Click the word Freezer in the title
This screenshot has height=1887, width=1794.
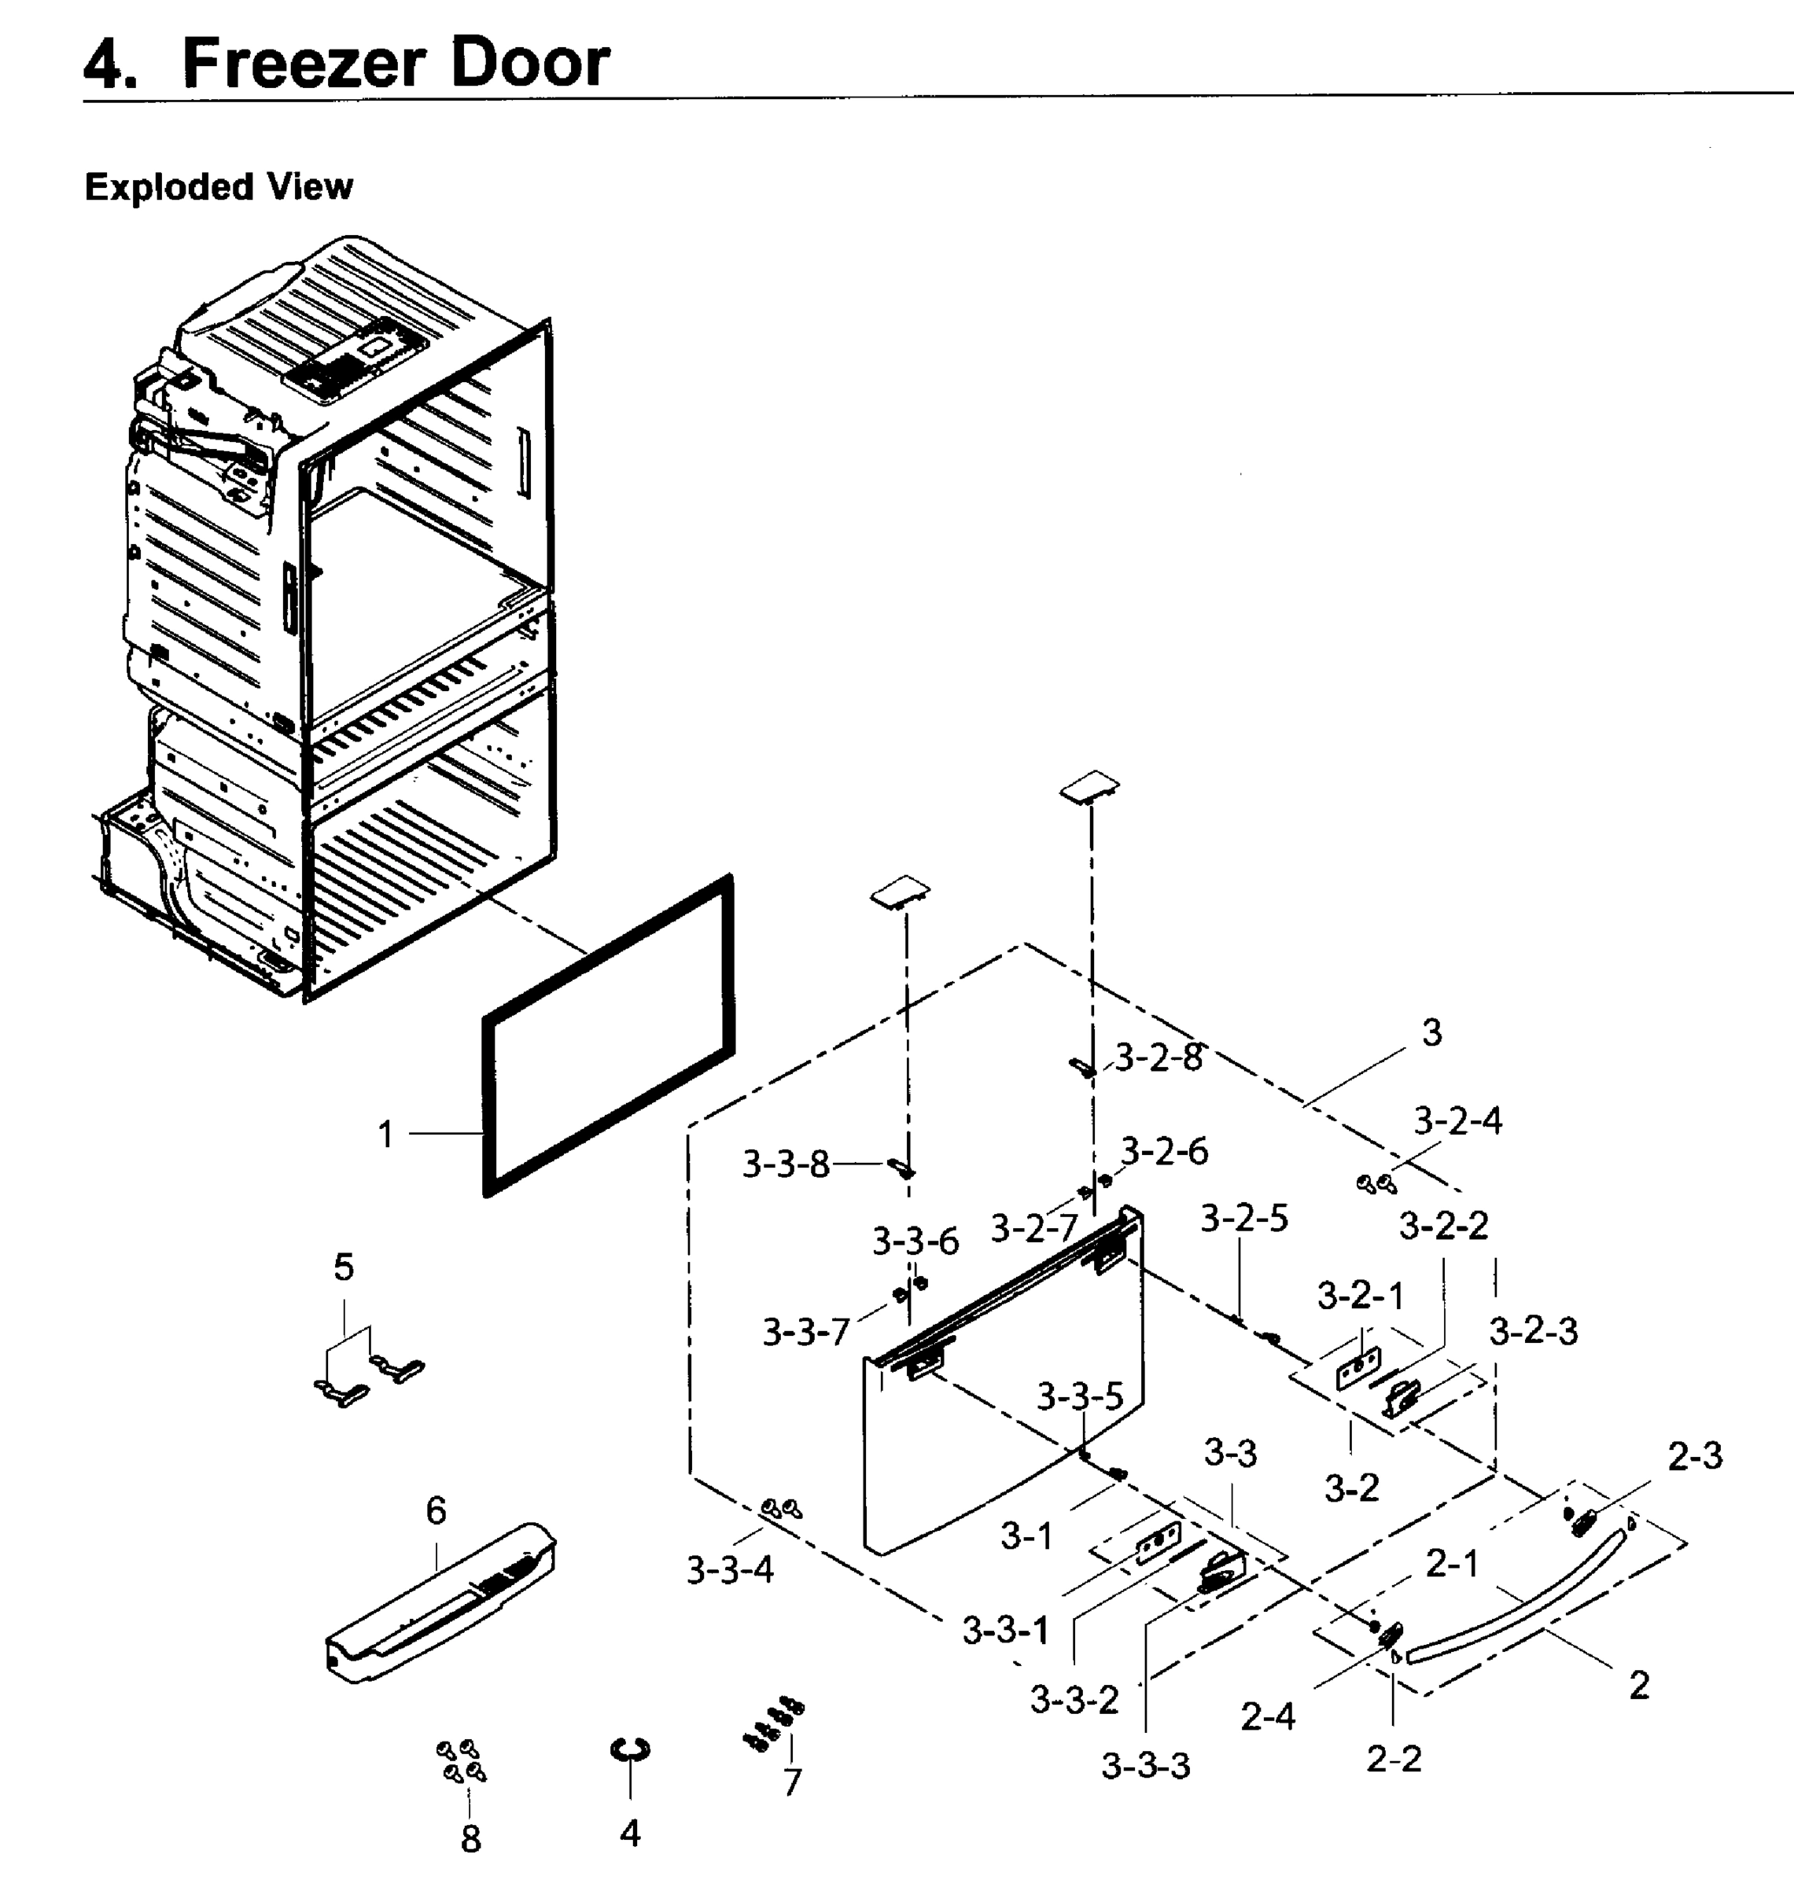click(x=303, y=63)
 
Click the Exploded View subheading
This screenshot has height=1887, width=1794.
click(x=219, y=186)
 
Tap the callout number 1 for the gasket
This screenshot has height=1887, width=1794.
click(x=385, y=1135)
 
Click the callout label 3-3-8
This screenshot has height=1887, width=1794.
click(x=785, y=1164)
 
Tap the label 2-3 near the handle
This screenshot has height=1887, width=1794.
click(x=1695, y=1456)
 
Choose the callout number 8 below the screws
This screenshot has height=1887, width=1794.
click(x=470, y=1838)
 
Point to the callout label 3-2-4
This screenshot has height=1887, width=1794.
click(x=1457, y=1120)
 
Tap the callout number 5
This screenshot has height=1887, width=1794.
click(x=344, y=1267)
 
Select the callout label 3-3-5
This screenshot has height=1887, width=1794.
click(x=1080, y=1396)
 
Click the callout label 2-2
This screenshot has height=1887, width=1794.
click(x=1394, y=1758)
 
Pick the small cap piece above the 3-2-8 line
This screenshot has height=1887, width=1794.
click(x=1089, y=788)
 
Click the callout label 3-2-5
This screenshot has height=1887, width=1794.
click(x=1244, y=1218)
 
